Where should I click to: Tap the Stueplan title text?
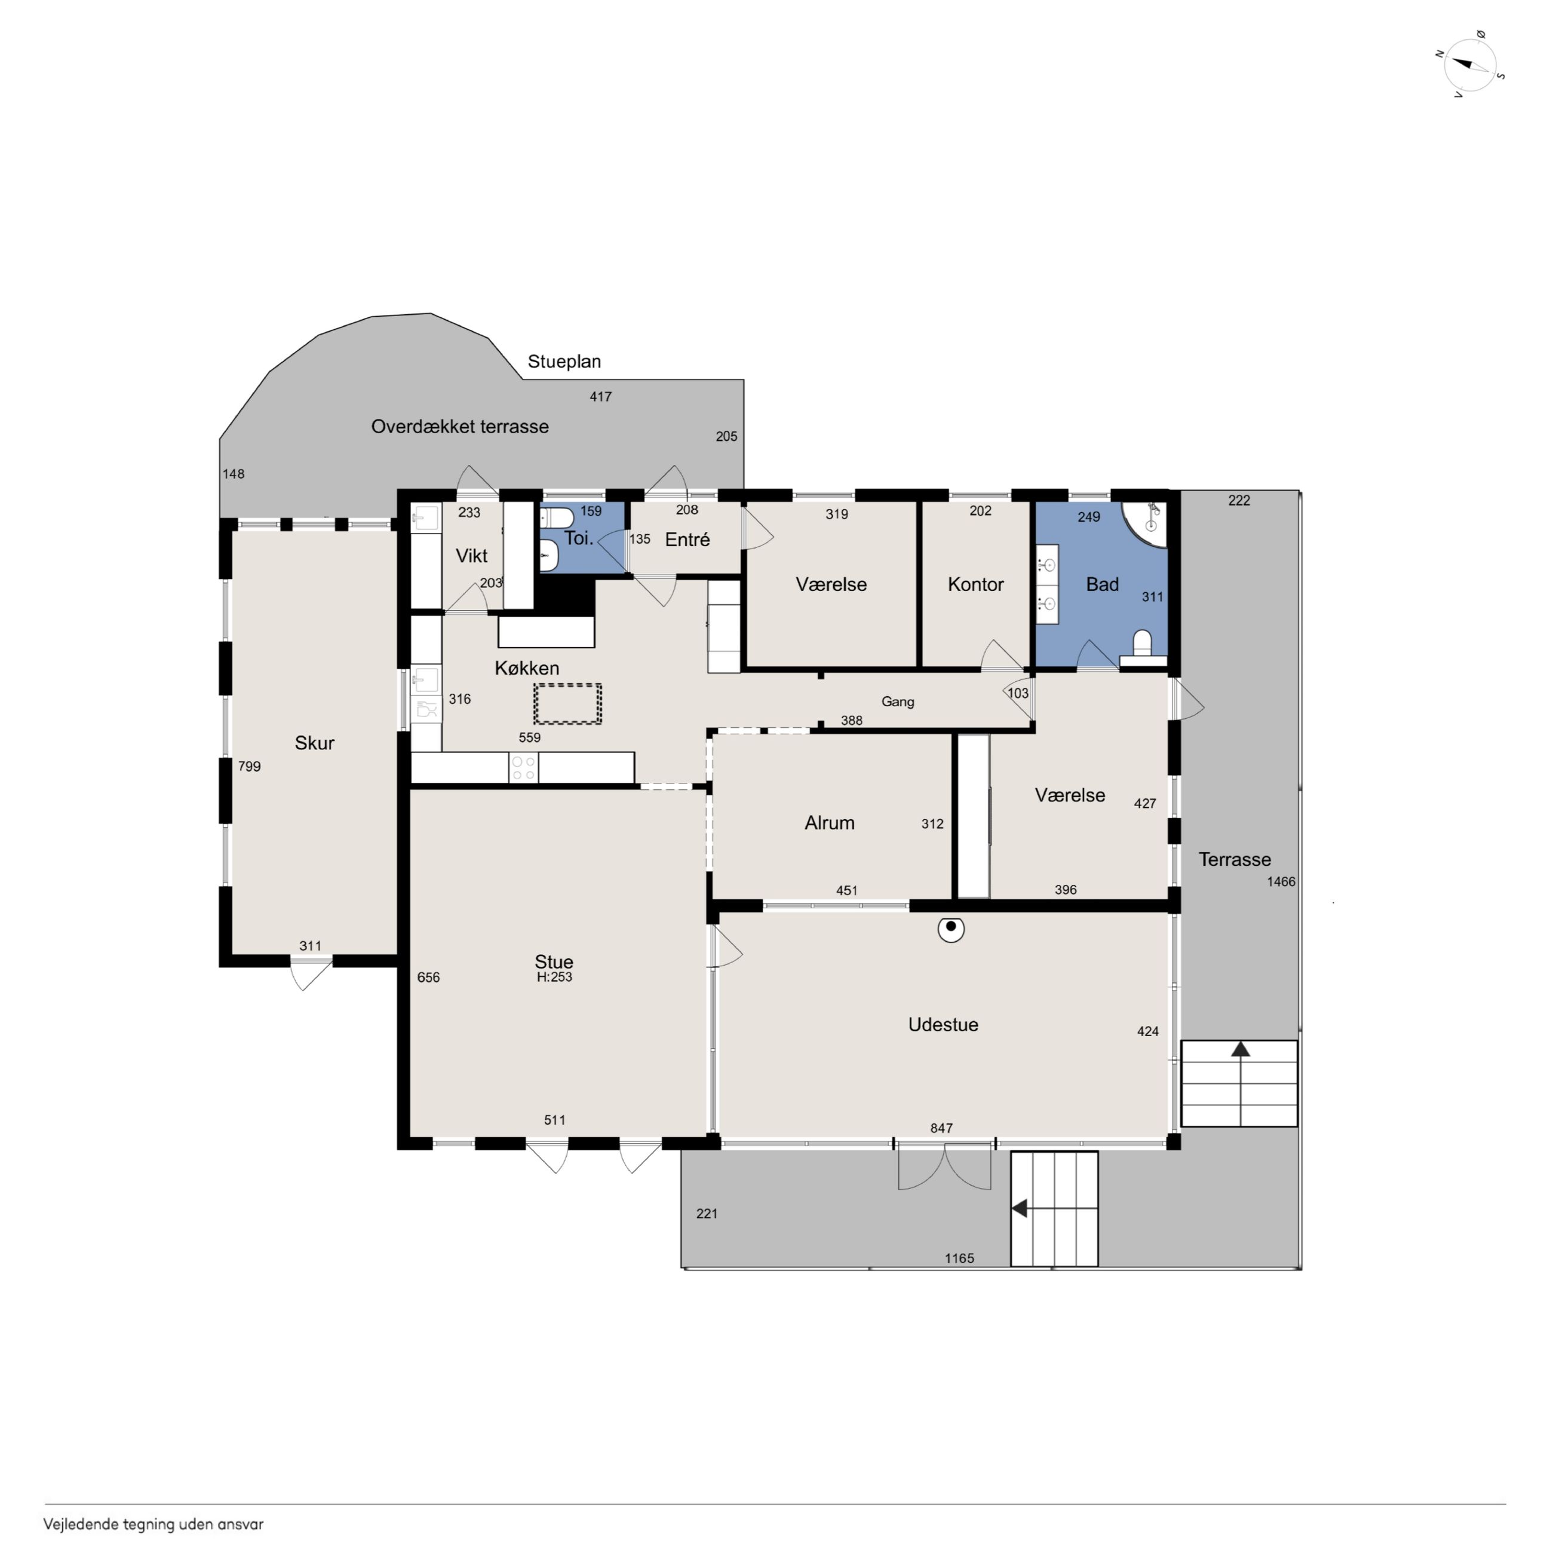tap(564, 362)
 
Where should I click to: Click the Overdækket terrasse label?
tap(460, 427)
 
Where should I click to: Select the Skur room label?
tap(314, 743)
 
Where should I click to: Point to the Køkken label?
tap(526, 668)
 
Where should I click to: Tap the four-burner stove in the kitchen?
tap(523, 768)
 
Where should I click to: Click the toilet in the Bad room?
tap(1142, 648)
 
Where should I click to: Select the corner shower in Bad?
tap(1146, 523)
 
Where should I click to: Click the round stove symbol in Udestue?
tap(951, 929)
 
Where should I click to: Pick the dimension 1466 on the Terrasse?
tap(1281, 882)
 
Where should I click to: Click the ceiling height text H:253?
tap(555, 978)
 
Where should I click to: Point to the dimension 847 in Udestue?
tap(941, 1129)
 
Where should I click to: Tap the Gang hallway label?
tap(898, 702)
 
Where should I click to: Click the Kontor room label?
tap(975, 584)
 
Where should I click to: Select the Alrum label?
tap(830, 823)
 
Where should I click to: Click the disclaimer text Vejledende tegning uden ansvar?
tap(154, 1524)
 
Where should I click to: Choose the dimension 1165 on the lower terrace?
tap(959, 1258)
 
